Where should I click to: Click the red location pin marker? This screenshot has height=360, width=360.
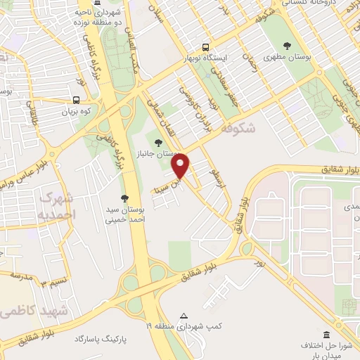(x=181, y=167)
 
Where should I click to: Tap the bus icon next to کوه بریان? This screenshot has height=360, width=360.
(x=76, y=99)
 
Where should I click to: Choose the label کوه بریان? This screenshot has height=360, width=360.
(x=76, y=112)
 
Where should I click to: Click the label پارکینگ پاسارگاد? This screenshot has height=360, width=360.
(x=103, y=339)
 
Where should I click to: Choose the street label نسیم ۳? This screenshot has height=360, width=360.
(x=51, y=284)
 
